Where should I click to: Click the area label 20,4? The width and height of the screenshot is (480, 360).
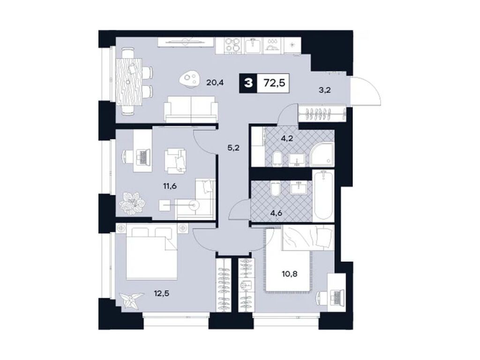pos(215,83)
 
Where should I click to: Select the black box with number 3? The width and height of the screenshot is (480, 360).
pos(248,83)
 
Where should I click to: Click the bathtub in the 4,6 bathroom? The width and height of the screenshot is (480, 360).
pos(323,195)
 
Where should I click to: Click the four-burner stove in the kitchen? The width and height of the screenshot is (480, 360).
pos(231,45)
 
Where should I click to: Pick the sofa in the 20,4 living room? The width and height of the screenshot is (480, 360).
pos(190,109)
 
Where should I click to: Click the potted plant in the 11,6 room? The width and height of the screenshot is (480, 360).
pos(132,202)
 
